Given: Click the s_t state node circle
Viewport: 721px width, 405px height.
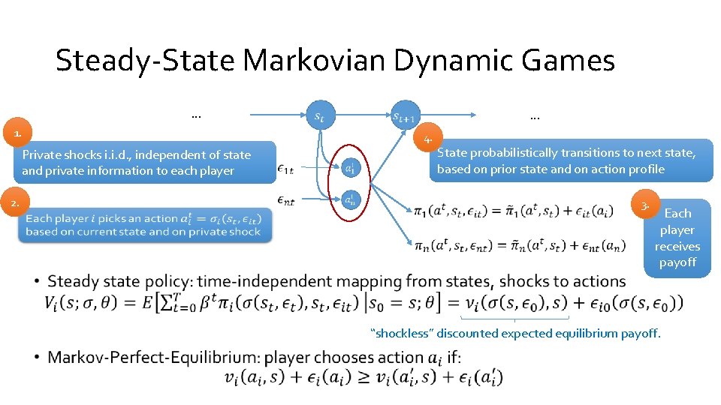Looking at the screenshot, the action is click(318, 115).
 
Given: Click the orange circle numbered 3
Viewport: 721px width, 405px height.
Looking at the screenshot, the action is click(646, 205).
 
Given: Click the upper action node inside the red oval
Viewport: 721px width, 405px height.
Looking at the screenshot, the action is click(350, 168).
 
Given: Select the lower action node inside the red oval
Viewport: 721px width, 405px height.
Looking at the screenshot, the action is click(350, 200).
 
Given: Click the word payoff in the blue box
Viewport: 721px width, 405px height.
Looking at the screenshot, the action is click(677, 262).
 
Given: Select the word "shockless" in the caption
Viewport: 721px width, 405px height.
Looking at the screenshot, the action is click(402, 333).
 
